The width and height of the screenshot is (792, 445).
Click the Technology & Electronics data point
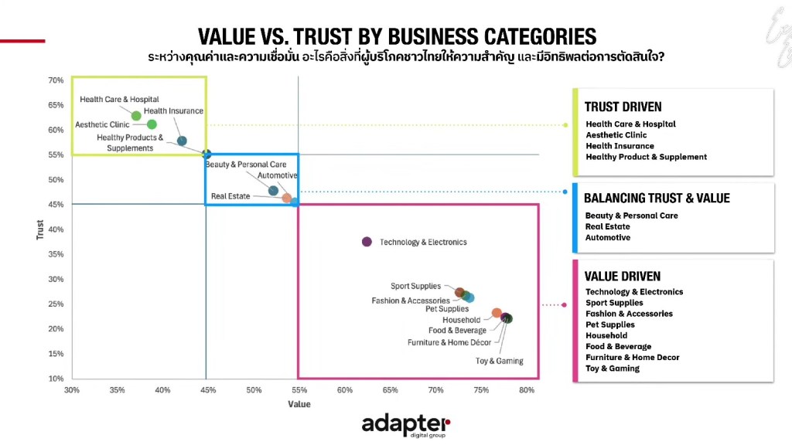[x=367, y=242]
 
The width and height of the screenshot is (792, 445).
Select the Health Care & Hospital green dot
[x=136, y=116]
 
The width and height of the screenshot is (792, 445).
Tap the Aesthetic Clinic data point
[x=152, y=124]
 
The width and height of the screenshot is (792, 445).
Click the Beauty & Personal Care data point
[x=273, y=190]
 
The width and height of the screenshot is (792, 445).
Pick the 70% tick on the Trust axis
[x=56, y=80]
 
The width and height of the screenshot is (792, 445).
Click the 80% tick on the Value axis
[x=527, y=390]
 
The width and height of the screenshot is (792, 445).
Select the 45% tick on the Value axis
[x=207, y=390]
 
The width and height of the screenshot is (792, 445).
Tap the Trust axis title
[x=40, y=229]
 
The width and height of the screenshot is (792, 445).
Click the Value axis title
[x=299, y=404]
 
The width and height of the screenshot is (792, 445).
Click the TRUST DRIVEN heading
[x=623, y=107]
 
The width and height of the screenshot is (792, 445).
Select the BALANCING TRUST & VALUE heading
[x=657, y=198]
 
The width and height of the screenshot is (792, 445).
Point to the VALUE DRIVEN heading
[x=622, y=276]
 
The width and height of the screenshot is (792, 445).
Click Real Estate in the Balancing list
[x=607, y=226]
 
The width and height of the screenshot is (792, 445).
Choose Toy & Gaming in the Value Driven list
[x=612, y=369]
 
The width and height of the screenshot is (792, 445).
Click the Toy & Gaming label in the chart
[x=499, y=361]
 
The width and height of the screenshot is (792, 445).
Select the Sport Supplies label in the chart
[x=415, y=287]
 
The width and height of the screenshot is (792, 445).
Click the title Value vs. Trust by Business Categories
[x=397, y=36]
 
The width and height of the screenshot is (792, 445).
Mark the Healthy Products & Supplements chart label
[x=130, y=143]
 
